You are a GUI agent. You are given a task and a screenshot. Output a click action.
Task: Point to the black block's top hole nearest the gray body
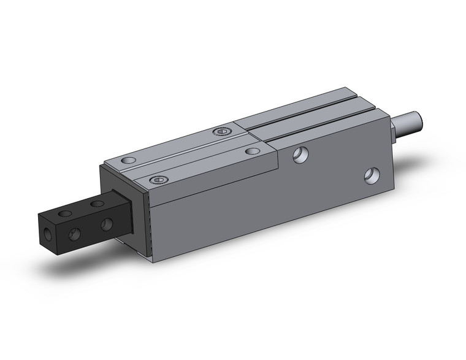tap(97, 203)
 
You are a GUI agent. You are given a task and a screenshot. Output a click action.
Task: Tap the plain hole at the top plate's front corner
tap(128, 161)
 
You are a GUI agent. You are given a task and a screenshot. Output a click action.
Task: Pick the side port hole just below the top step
tap(300, 155)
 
